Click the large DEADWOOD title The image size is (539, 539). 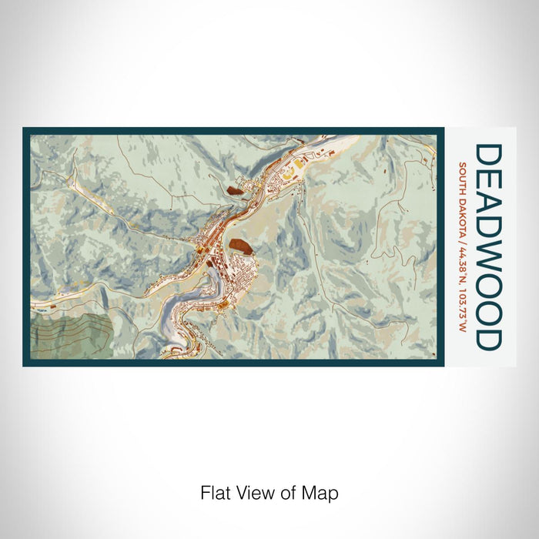click(x=488, y=246)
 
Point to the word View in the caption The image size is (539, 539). click(x=248, y=493)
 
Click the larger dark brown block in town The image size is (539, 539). click(x=239, y=246)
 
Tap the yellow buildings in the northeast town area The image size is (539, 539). click(x=290, y=172)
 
